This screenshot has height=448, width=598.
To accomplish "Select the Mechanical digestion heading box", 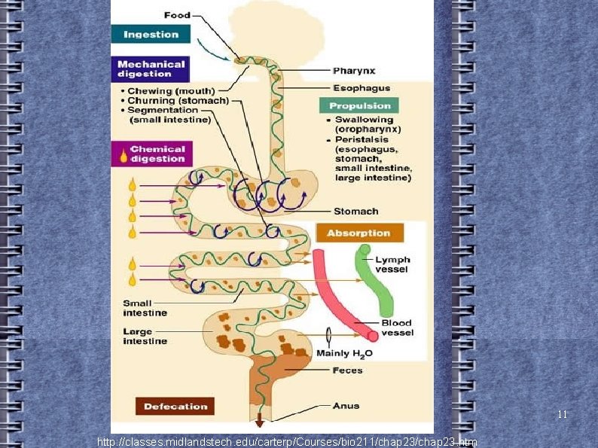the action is [x=151, y=69].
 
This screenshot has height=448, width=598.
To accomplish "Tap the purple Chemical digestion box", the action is [x=152, y=154].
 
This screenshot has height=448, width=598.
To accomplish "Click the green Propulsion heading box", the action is [x=359, y=106].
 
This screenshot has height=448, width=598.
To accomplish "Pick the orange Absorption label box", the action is [x=359, y=233].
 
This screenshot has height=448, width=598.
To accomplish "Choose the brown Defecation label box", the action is [x=175, y=407].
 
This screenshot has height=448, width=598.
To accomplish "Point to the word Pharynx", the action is [x=352, y=71].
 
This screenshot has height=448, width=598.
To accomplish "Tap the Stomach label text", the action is [x=356, y=212].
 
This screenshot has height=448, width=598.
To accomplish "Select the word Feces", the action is [x=347, y=370].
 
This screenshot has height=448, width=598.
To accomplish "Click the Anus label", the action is [x=346, y=406].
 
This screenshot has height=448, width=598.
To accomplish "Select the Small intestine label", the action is [x=145, y=308].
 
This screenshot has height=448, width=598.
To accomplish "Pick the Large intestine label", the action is [x=145, y=336].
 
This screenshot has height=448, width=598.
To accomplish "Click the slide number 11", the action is [x=562, y=415].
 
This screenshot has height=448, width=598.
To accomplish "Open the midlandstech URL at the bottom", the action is [x=287, y=441].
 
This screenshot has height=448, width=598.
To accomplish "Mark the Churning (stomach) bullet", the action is [x=178, y=101].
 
